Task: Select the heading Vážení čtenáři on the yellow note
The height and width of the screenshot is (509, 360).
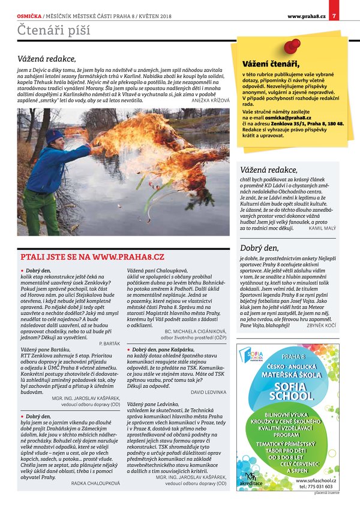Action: coord(270,64)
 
